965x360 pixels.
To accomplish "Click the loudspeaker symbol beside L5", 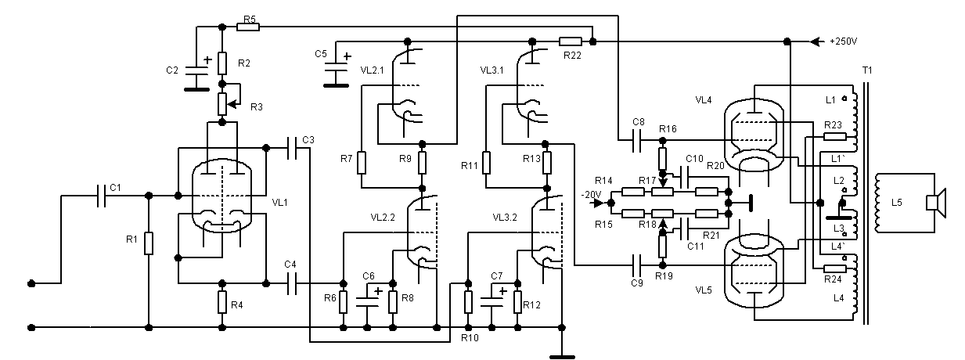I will (x=936, y=202).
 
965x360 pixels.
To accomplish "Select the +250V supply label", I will (x=844, y=41).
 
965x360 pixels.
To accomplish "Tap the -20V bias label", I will (x=591, y=193).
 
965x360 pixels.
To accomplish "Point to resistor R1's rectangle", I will (x=148, y=244).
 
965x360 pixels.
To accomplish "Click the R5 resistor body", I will (x=247, y=27).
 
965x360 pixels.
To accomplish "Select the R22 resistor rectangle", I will (x=571, y=41).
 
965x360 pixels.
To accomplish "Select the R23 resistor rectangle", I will (x=834, y=136).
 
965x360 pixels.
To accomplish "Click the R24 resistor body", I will (x=834, y=268).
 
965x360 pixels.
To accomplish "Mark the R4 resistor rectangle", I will (x=222, y=301).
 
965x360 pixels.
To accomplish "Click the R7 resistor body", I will (x=362, y=162).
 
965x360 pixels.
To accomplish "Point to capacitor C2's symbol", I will (x=192, y=70).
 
